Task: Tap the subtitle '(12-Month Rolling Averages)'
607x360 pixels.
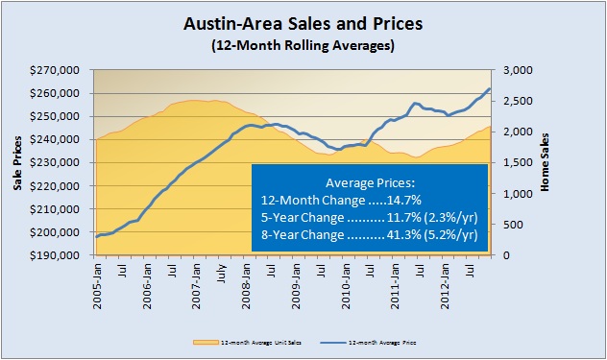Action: (x=303, y=44)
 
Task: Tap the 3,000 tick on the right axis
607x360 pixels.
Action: (x=513, y=70)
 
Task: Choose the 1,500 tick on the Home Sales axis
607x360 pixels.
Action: (x=513, y=163)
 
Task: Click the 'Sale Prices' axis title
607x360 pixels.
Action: (x=17, y=163)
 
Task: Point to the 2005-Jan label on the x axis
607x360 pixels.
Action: (x=98, y=284)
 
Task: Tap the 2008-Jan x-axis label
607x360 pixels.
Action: (x=247, y=284)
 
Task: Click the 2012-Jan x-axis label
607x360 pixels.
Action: (x=445, y=284)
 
